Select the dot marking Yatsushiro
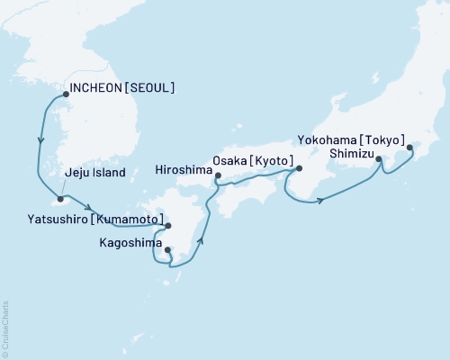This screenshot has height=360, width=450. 168,226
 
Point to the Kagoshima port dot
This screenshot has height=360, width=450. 167,250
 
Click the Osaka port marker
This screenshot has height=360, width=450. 299,168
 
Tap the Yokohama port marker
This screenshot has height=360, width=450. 410,148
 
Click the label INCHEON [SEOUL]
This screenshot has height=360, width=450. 121,88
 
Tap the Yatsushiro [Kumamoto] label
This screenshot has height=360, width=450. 94,220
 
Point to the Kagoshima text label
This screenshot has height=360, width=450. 124,242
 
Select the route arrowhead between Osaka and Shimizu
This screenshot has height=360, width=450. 319,200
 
